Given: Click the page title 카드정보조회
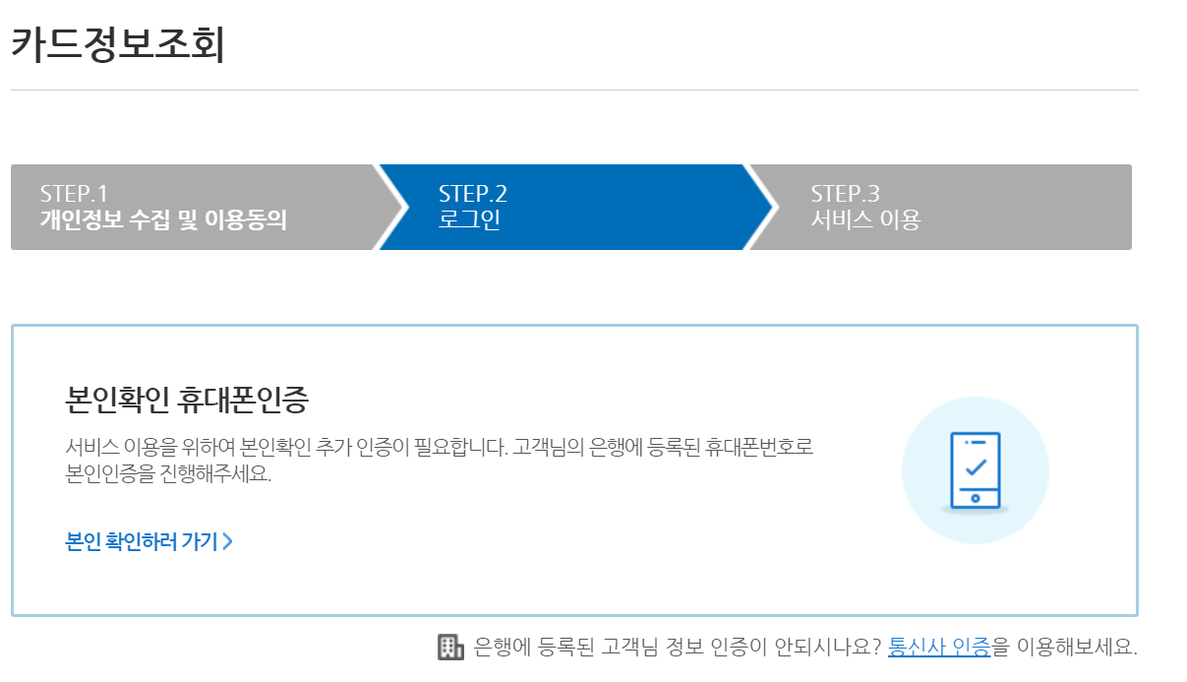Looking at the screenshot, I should tap(118, 44).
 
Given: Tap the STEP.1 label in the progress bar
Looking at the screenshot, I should tap(74, 193).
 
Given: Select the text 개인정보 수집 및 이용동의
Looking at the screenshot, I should tap(163, 219).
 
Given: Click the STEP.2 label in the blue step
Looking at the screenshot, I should tap(473, 193).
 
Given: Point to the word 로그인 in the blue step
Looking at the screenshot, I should tap(469, 219).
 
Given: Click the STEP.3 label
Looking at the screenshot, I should tap(845, 193).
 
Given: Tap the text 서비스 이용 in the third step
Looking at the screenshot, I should tap(865, 219).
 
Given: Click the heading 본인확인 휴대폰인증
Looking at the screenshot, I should tap(187, 400).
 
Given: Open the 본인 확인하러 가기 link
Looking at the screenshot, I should tap(142, 541).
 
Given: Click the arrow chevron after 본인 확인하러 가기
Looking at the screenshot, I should tap(228, 541).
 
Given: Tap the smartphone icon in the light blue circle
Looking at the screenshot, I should tap(975, 470).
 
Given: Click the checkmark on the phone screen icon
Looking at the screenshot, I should tap(976, 465).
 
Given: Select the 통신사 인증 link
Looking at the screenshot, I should tap(939, 648).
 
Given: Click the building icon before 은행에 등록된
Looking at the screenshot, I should tap(450, 647).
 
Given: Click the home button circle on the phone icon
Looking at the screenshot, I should tap(975, 498).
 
